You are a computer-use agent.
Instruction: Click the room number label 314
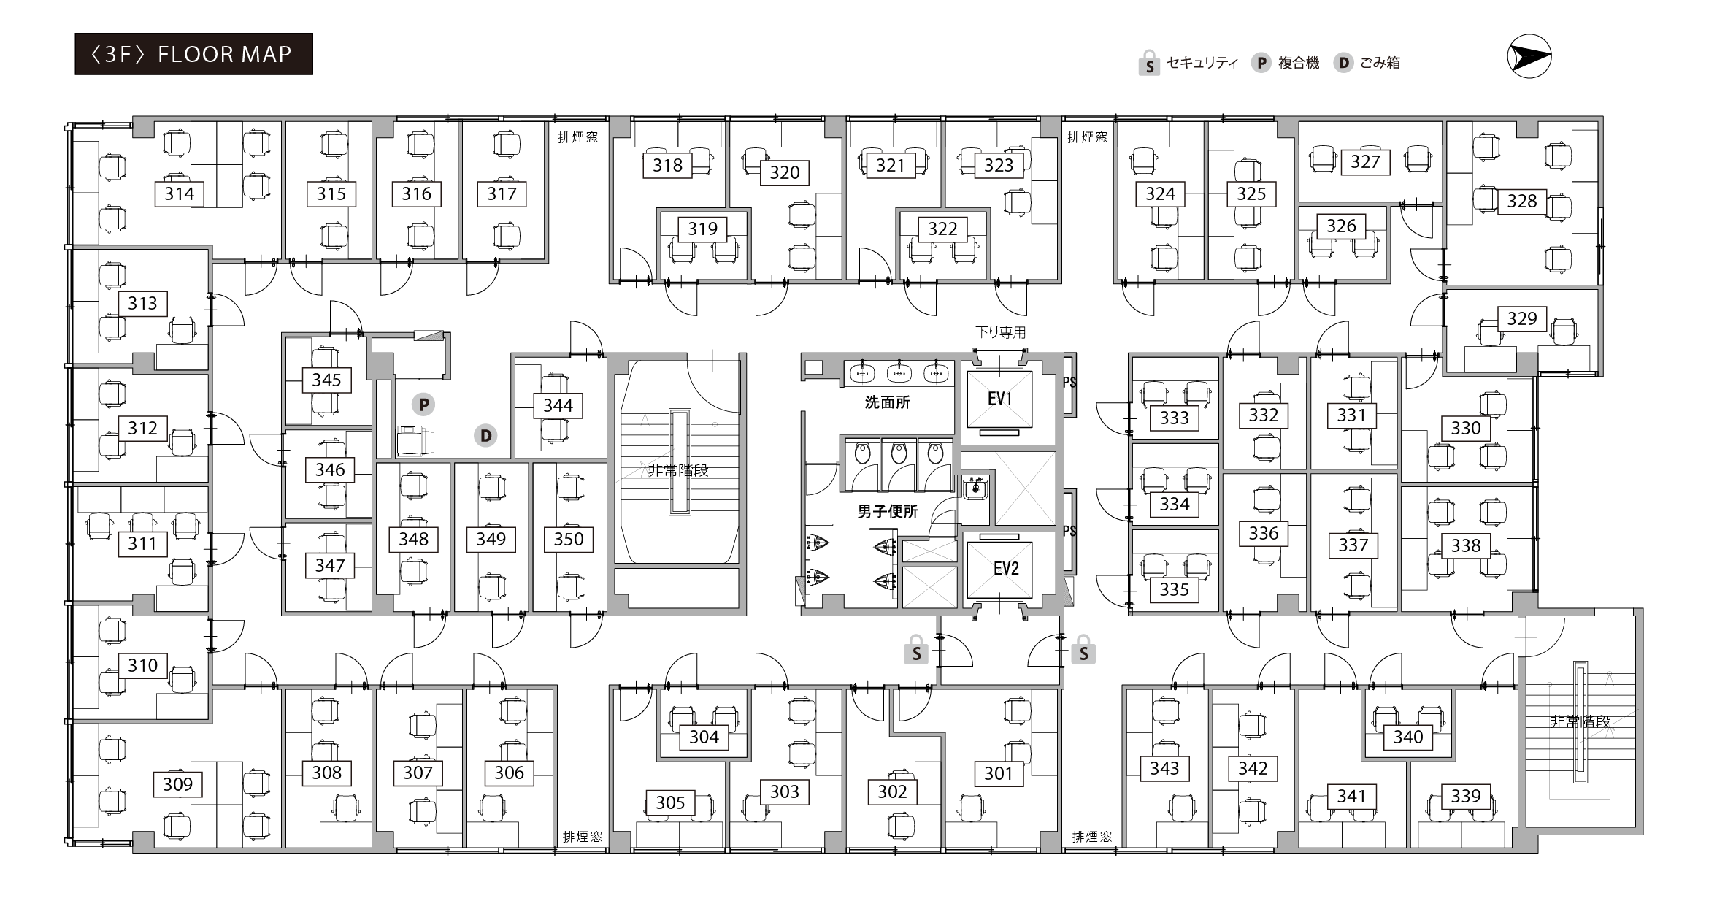(x=179, y=193)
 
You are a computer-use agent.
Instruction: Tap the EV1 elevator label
(x=999, y=399)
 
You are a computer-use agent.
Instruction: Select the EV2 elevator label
(x=1006, y=568)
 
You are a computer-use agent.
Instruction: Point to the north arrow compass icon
(x=1529, y=57)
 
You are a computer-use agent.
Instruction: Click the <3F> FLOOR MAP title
(x=193, y=54)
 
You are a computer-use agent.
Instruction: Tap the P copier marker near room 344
(x=423, y=405)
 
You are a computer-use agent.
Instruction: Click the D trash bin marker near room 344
(x=485, y=436)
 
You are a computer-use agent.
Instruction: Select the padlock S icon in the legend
(x=1149, y=64)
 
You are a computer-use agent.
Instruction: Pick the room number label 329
(x=1522, y=318)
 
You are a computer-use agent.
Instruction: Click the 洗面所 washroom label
(x=887, y=402)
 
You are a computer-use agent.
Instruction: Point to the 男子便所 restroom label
(x=887, y=512)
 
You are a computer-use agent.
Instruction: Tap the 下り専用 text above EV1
(x=1000, y=333)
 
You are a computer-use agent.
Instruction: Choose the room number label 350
(x=569, y=539)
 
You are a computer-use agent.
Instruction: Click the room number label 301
(x=998, y=773)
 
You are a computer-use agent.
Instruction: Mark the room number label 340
(x=1408, y=737)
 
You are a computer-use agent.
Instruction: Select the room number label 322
(x=942, y=229)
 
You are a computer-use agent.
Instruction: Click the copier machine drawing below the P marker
(x=415, y=441)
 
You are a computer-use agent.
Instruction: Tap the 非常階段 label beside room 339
(x=1580, y=721)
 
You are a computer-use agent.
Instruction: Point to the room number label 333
(x=1175, y=418)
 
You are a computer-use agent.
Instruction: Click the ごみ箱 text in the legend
(x=1380, y=63)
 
